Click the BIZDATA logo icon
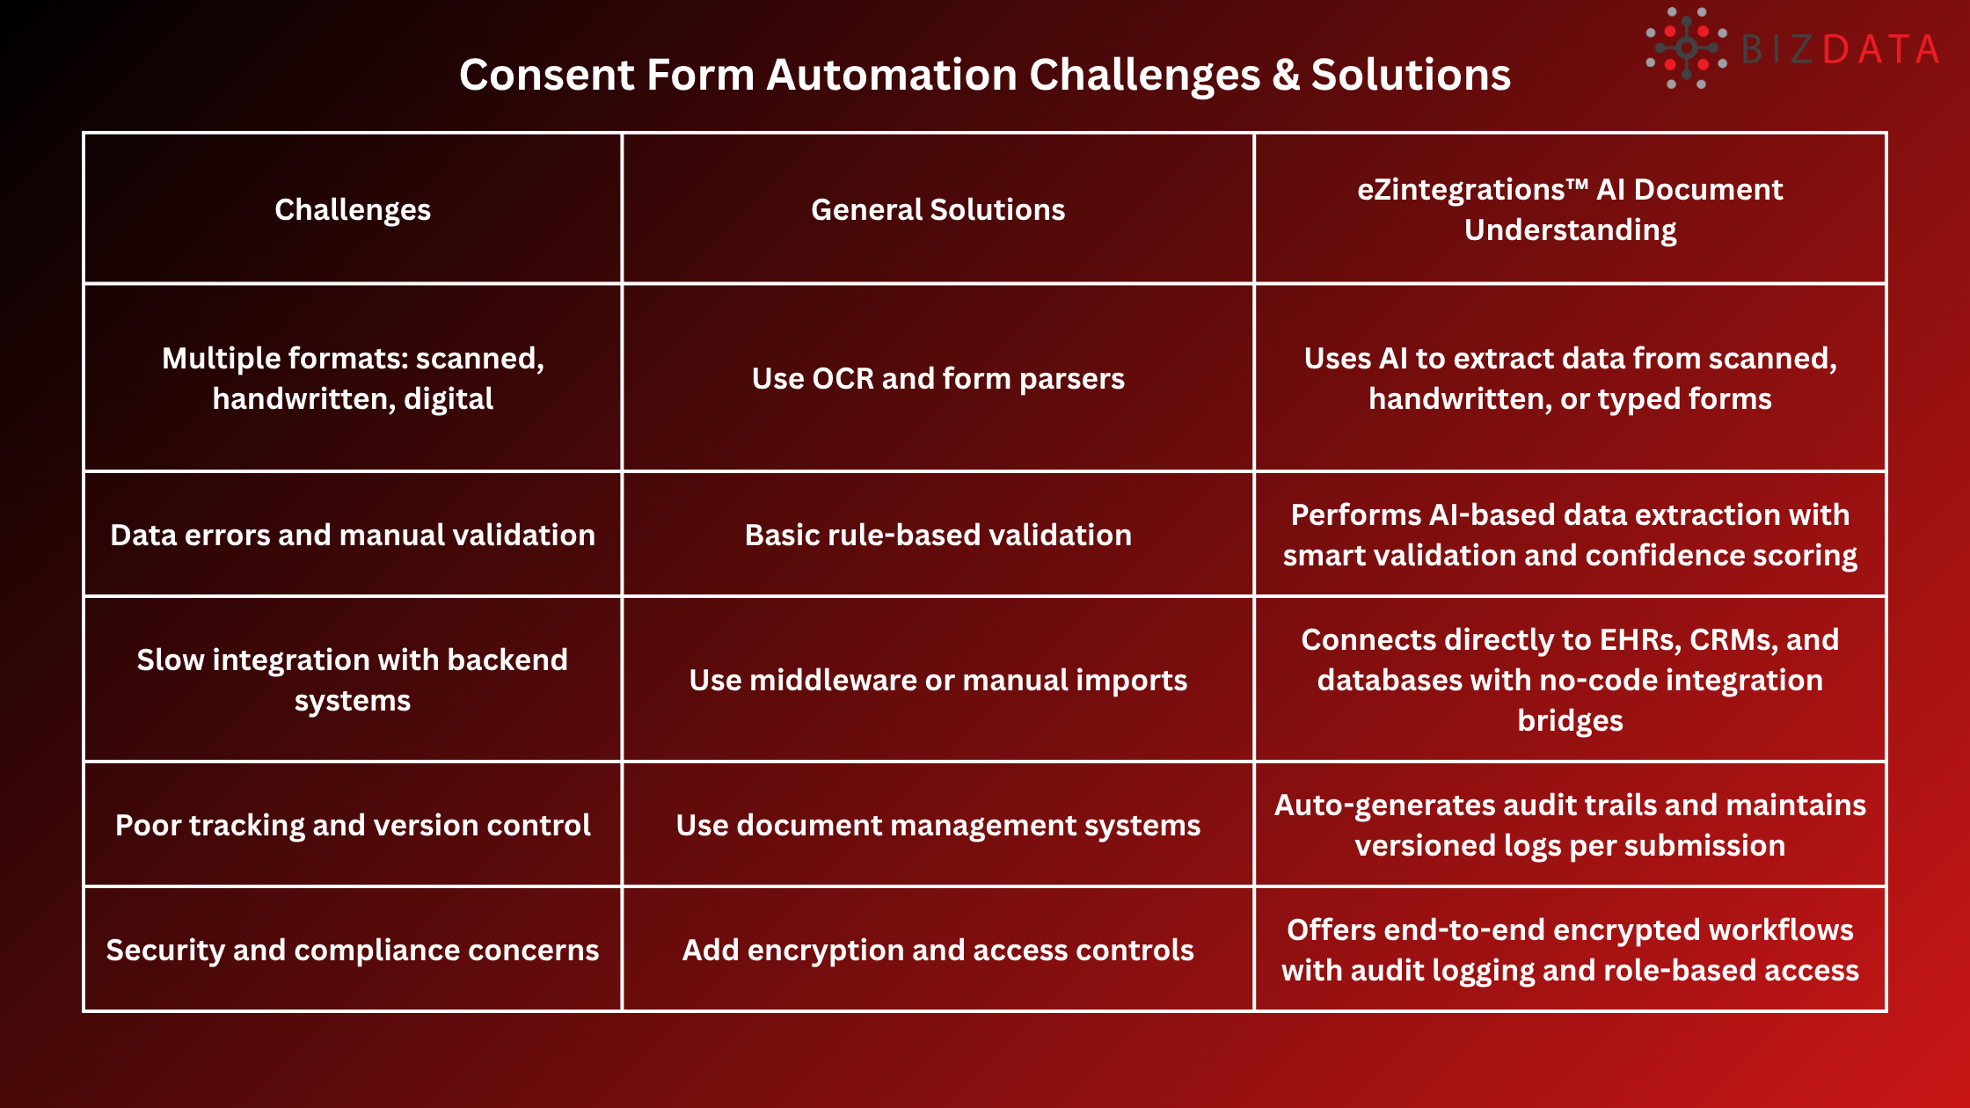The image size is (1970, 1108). pos(1685,48)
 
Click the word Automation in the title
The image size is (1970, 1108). pos(891,75)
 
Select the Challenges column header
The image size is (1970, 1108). pos(353,209)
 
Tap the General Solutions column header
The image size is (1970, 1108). pos(938,209)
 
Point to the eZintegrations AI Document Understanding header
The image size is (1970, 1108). pos(1570,209)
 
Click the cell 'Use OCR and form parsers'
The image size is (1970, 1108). pos(938,378)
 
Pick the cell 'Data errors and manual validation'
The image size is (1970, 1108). pos(353,535)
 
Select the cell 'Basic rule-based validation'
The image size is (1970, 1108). pos(938,535)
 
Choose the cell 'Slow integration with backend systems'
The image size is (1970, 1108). pos(353,680)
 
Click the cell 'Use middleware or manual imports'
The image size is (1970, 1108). pos(938,680)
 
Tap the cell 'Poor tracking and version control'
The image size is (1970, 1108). pos(353,825)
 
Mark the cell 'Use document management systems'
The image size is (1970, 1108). pos(938,825)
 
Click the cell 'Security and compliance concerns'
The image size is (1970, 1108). pos(353,950)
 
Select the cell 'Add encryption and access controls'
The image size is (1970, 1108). pos(938,950)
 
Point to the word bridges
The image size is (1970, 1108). pos(1570,720)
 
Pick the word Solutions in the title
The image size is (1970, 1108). pos(1411,75)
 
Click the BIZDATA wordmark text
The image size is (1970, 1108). pos(1840,49)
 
